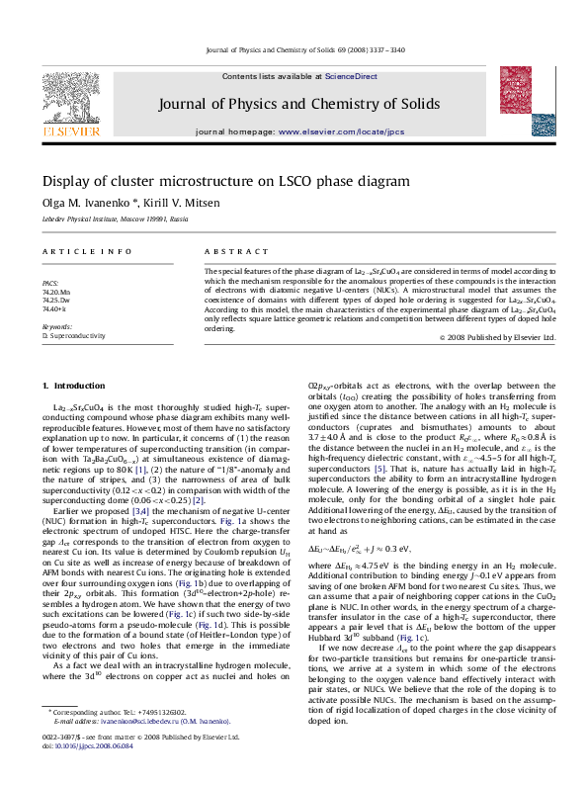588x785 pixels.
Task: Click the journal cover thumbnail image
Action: click(520, 103)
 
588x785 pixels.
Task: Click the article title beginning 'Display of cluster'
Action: click(225, 182)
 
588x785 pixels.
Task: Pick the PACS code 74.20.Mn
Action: click(55, 293)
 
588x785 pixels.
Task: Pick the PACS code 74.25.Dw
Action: click(55, 301)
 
